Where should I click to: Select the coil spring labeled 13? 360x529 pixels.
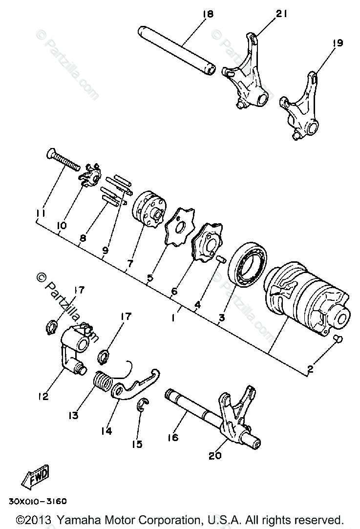(103, 381)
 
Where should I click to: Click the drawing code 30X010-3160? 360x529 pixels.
(37, 501)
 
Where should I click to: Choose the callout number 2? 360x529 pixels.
(310, 370)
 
